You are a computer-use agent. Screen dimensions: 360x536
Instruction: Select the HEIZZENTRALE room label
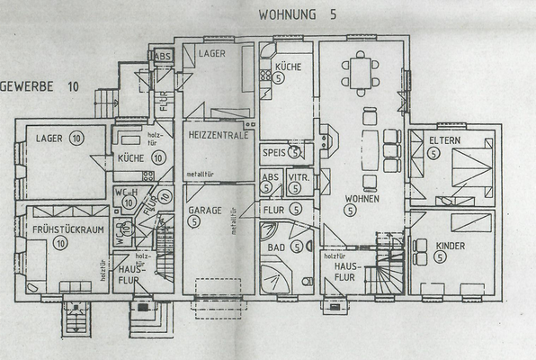[219, 134]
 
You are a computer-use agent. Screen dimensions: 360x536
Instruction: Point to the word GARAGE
[205, 210]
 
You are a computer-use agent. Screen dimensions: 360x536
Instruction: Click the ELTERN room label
[446, 140]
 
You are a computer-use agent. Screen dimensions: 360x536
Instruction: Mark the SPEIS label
[273, 153]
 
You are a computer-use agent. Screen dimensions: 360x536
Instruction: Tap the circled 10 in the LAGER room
[76, 138]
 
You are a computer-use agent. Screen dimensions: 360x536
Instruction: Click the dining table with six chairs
[360, 72]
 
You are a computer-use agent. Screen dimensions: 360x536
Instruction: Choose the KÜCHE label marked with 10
[131, 157]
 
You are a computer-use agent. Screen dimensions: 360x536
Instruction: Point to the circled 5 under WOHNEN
[349, 211]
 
